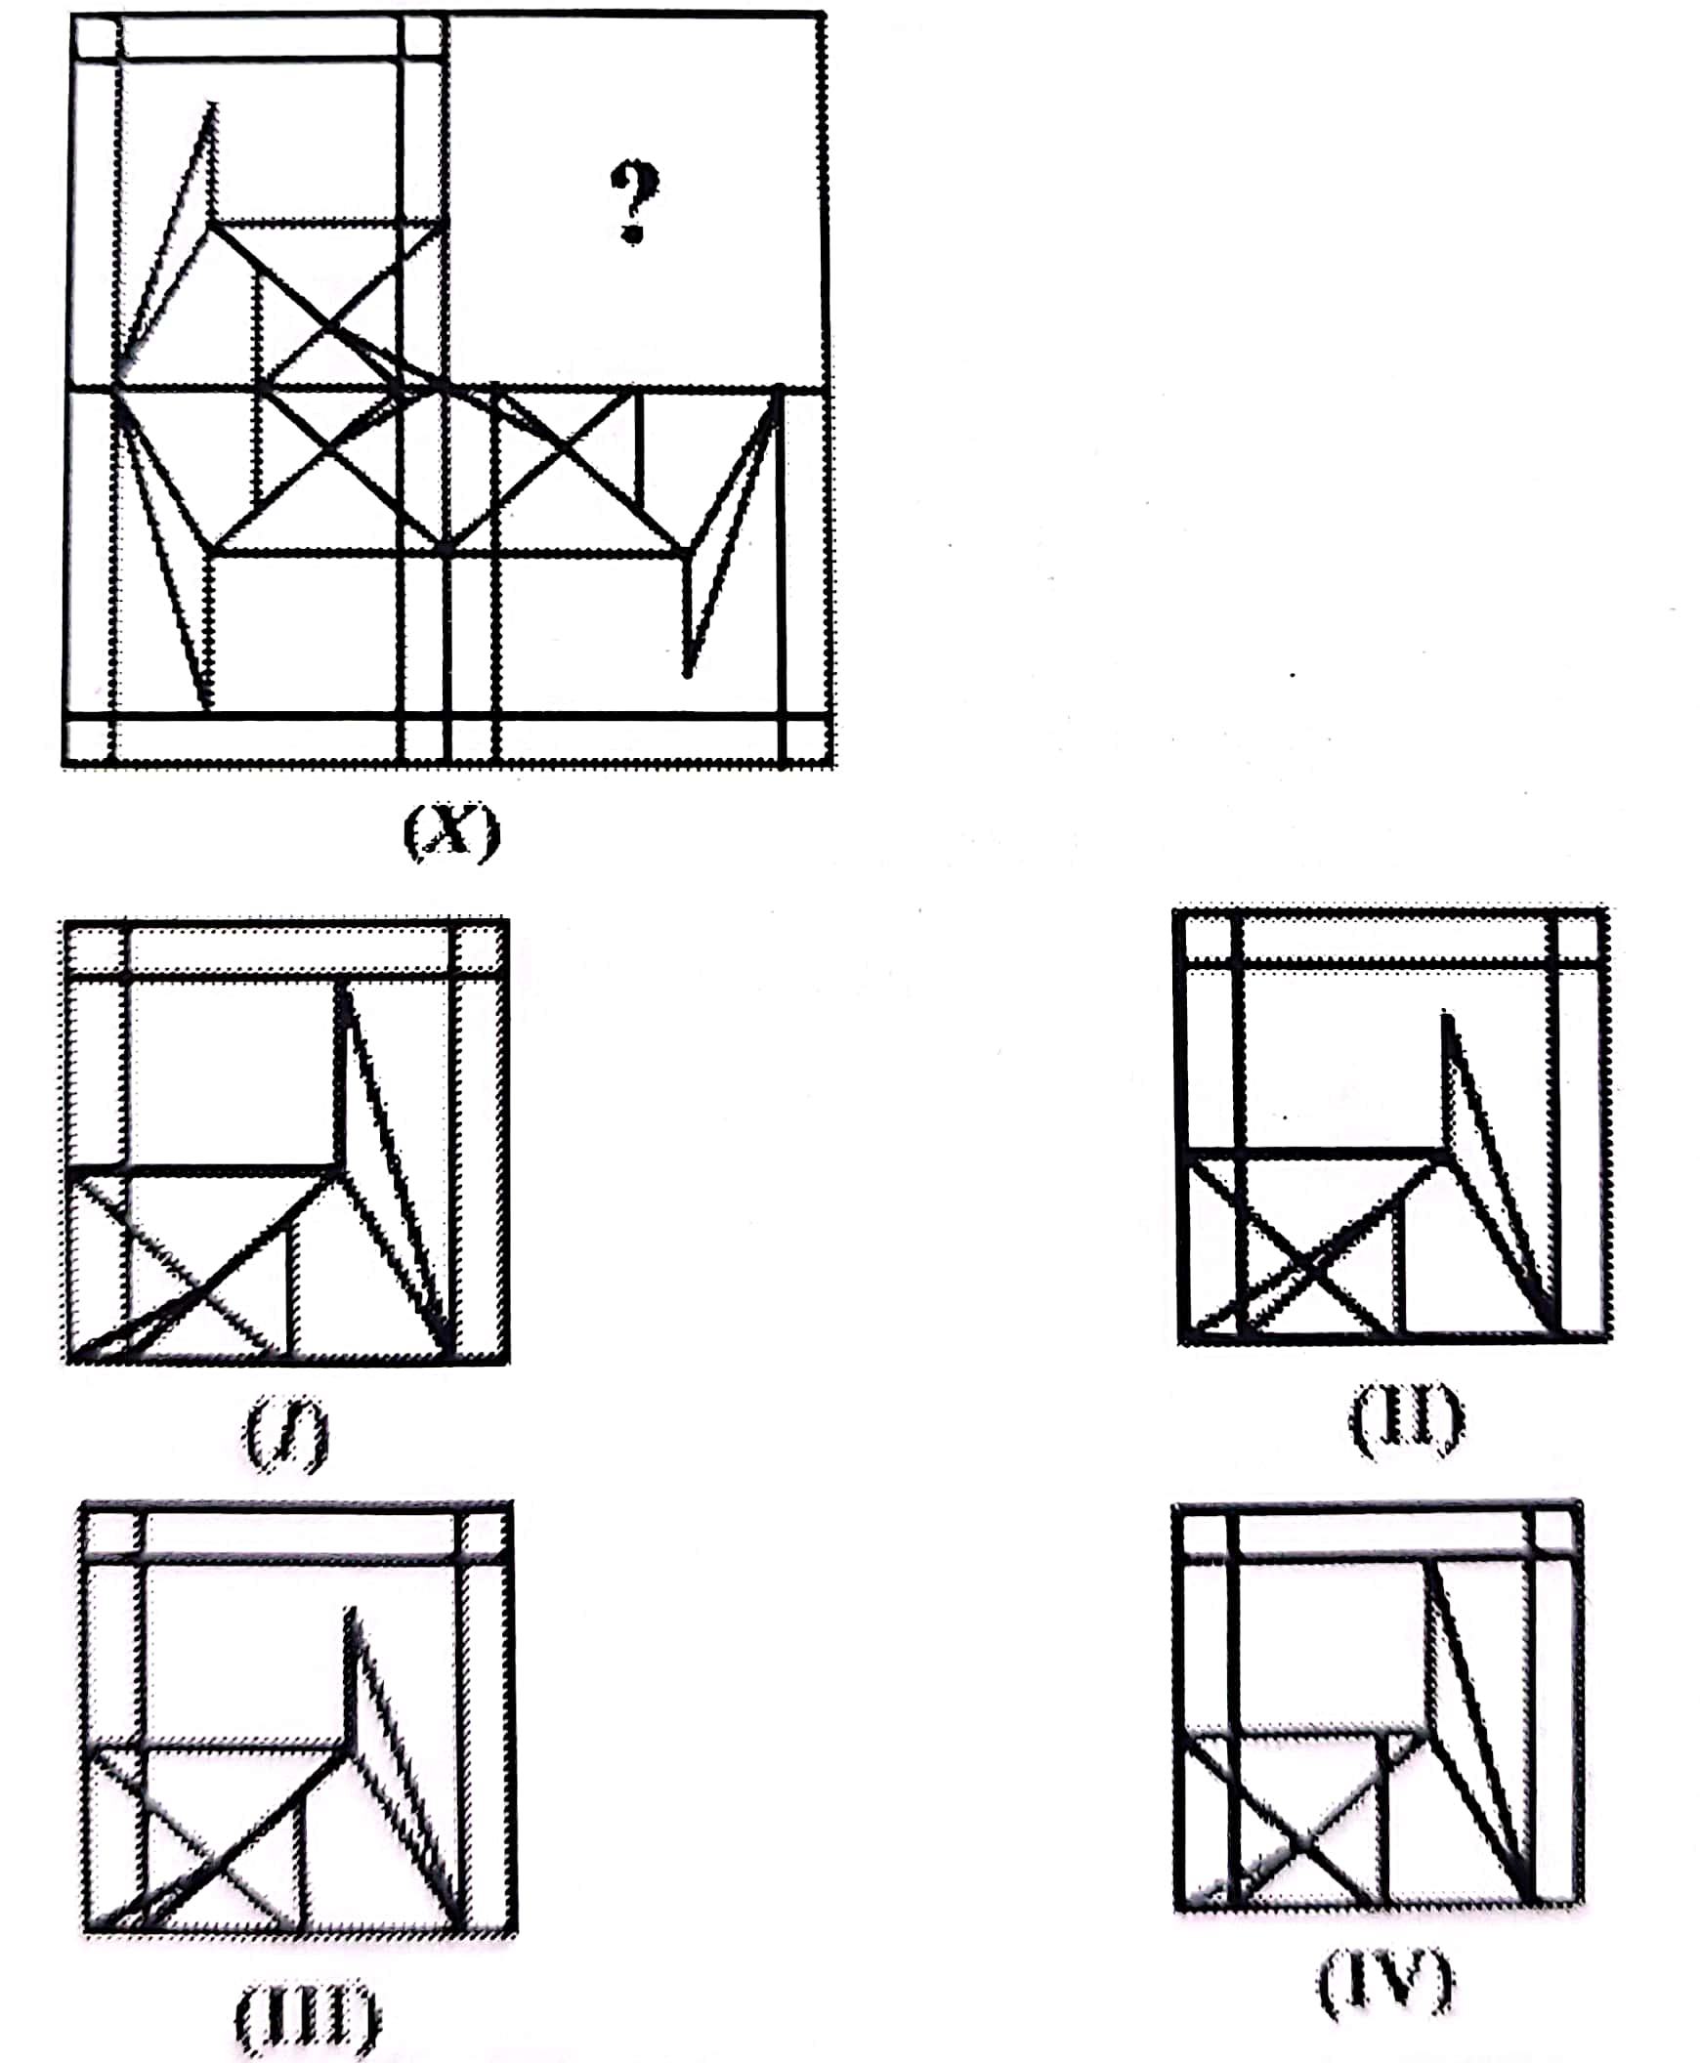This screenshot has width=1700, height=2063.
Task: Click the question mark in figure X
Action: (x=634, y=201)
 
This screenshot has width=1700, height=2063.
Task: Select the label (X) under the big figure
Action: (x=451, y=832)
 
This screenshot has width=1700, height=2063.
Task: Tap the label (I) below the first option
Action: (x=286, y=1435)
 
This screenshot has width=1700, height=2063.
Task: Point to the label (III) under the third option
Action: (x=307, y=2018)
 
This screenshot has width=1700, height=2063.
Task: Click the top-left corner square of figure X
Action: (x=96, y=37)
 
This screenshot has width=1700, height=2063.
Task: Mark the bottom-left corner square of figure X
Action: (x=88, y=742)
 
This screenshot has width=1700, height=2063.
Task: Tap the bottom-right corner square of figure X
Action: (x=808, y=742)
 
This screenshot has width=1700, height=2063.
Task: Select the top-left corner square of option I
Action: (x=96, y=947)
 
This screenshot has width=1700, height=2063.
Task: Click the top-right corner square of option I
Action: (x=480, y=947)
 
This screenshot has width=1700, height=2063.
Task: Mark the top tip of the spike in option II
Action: (x=1446, y=1015)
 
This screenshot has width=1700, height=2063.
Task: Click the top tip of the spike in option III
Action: (x=351, y=1611)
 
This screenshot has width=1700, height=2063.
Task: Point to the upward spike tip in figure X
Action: (x=211, y=103)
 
